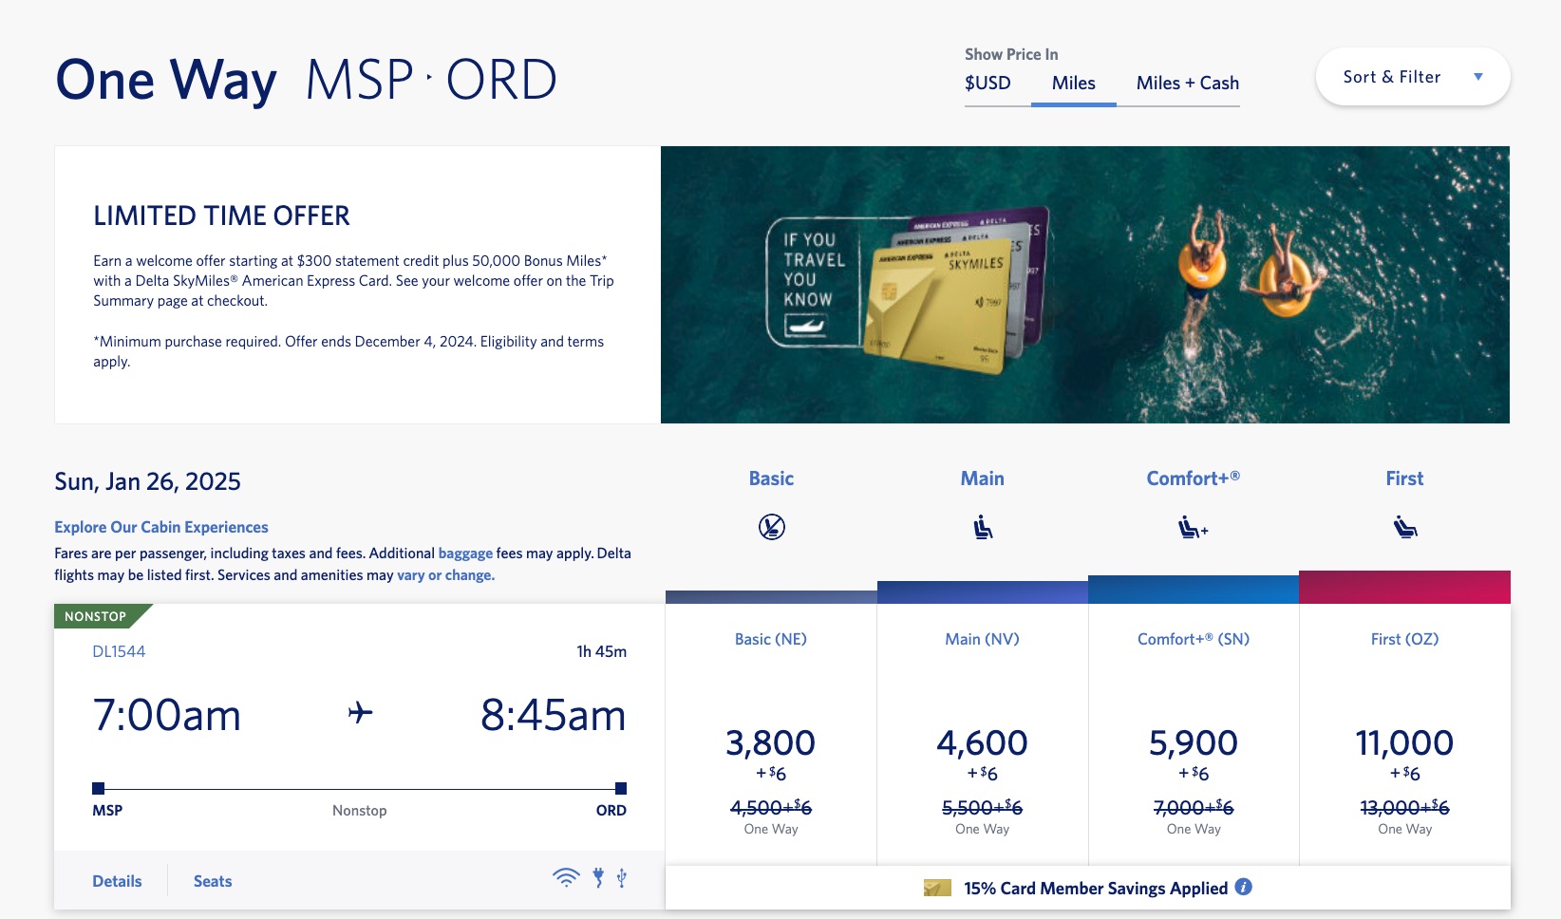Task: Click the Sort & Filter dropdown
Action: (x=1412, y=77)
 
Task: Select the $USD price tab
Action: (x=987, y=83)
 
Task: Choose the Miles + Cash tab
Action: (x=1187, y=83)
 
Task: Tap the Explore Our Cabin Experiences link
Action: (x=161, y=527)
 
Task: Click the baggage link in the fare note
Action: (x=465, y=553)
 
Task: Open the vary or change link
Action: (x=445, y=574)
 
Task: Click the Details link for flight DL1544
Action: (x=117, y=881)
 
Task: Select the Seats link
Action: (x=213, y=881)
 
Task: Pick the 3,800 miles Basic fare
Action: (x=770, y=743)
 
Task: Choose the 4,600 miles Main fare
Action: (x=982, y=743)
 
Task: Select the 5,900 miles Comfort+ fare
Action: (x=1194, y=743)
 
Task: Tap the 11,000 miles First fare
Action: (x=1404, y=743)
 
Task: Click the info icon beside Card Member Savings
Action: (x=1243, y=887)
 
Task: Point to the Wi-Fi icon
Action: (x=566, y=877)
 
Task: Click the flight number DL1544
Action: (x=119, y=651)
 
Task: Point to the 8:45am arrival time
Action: (x=553, y=715)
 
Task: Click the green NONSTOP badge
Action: (x=96, y=616)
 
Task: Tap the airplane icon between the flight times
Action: (x=361, y=712)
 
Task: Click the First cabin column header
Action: (x=1404, y=478)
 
